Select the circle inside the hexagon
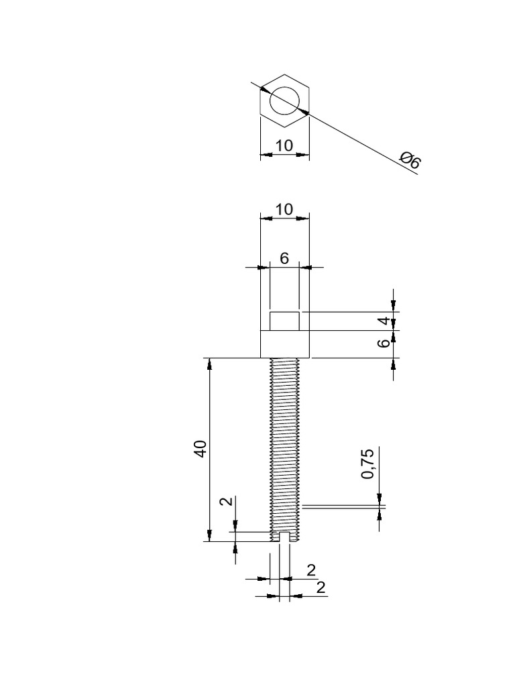(x=285, y=101)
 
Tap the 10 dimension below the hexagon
(x=284, y=145)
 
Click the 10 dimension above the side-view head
(x=284, y=209)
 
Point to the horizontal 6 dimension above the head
(x=284, y=259)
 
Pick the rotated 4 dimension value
(x=384, y=321)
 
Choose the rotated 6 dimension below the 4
(x=384, y=342)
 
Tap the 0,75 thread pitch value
(x=367, y=464)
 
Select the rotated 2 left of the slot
(x=225, y=501)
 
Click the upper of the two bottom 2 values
(x=310, y=570)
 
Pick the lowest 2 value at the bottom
(x=320, y=588)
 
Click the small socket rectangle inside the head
(x=284, y=321)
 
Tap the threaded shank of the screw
(x=285, y=442)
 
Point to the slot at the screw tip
(x=285, y=537)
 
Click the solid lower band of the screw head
(x=285, y=344)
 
